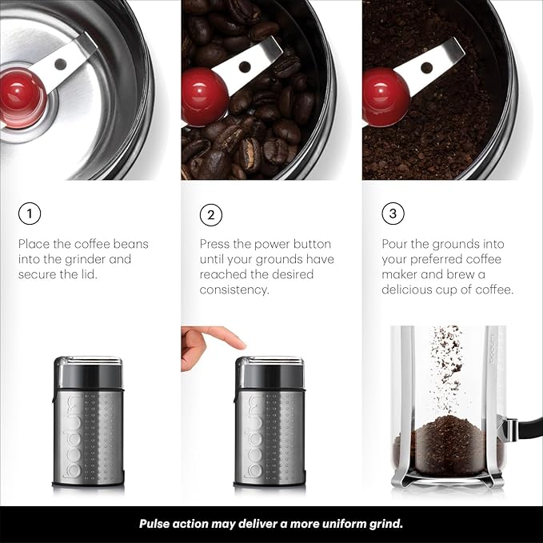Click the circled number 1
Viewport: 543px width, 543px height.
pos(29,214)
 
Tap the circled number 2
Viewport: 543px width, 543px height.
pos(211,214)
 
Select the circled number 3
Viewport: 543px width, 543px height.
pos(392,214)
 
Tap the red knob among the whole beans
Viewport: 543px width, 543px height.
pos(203,95)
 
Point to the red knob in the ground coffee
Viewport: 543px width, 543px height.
pos(385,95)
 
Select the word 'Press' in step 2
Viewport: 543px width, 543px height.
pos(216,244)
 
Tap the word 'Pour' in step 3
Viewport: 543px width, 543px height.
pos(395,244)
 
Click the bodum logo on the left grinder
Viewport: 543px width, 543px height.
pos(70,436)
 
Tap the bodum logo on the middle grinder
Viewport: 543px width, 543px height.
pos(252,436)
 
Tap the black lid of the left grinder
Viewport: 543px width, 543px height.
pos(88,370)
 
